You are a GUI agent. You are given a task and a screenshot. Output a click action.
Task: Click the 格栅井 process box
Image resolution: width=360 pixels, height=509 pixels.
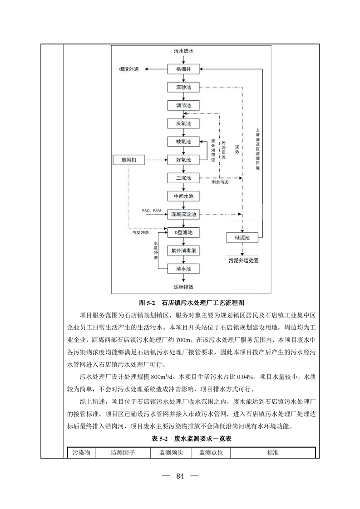[x=183, y=69]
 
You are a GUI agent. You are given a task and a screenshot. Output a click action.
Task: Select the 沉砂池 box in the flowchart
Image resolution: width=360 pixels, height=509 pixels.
[x=183, y=87]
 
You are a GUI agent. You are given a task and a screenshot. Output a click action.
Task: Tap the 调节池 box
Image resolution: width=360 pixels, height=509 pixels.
[x=183, y=105]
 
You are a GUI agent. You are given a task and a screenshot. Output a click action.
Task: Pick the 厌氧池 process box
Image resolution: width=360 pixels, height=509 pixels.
[x=183, y=123]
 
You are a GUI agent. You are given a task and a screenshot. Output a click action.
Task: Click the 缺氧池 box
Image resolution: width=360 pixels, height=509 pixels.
[x=183, y=142]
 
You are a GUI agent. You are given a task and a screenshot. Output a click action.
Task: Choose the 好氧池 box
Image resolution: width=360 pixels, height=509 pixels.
[x=183, y=160]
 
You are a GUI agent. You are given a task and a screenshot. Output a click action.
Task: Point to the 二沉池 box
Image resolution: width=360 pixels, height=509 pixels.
[x=183, y=178]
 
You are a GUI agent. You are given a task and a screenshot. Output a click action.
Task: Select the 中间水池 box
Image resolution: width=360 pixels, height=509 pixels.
[x=183, y=196]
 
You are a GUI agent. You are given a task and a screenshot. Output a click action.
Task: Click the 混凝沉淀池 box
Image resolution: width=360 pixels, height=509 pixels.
[x=183, y=214]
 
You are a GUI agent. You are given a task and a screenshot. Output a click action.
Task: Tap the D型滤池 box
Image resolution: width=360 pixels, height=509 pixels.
[x=183, y=232]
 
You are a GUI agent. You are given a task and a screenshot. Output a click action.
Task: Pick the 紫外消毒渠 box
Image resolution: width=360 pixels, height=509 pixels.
[x=183, y=250]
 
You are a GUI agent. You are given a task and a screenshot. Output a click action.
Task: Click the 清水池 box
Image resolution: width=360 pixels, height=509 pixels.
[x=183, y=269]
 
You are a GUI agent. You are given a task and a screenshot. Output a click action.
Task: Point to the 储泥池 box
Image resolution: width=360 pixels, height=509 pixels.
[x=242, y=237]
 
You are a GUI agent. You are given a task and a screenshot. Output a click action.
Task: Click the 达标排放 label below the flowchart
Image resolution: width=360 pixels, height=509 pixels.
[x=183, y=287]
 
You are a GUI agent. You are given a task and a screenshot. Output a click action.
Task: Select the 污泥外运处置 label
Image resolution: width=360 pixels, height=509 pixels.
[x=243, y=261]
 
